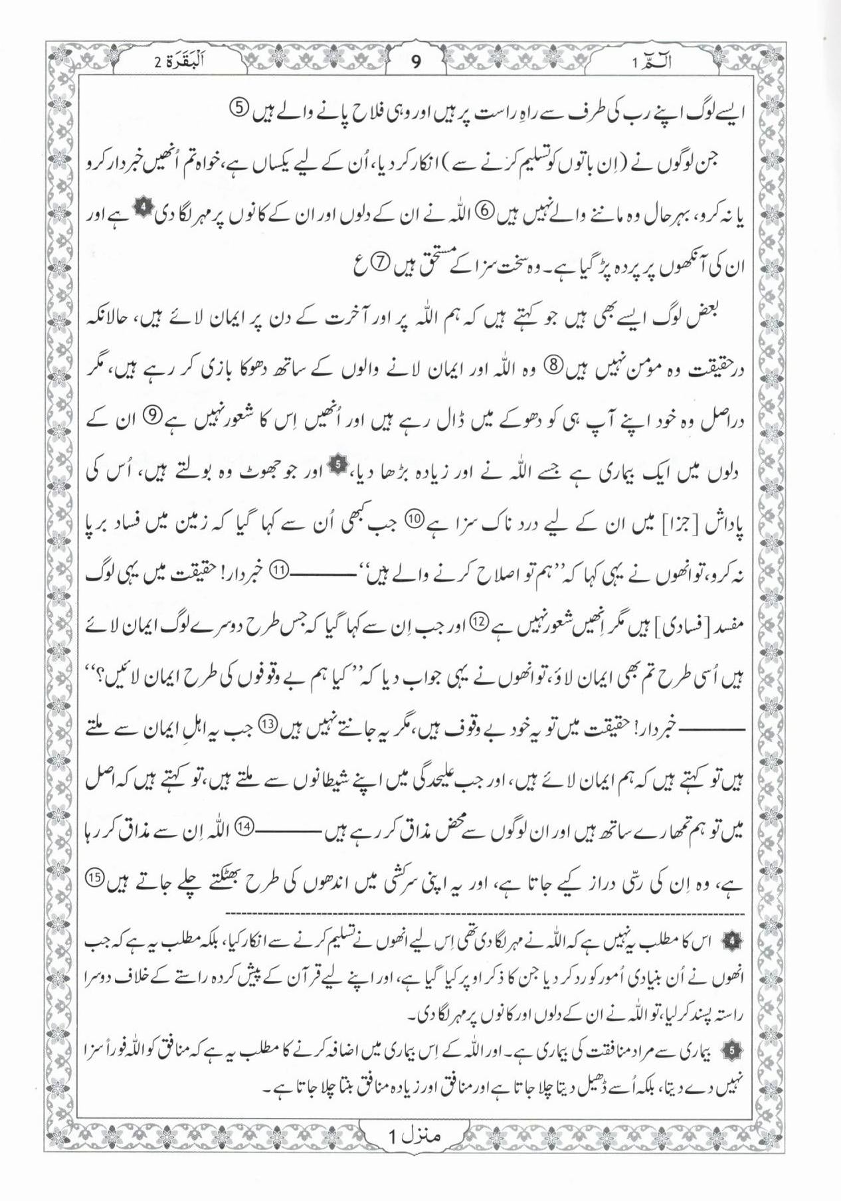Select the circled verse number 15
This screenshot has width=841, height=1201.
[95, 878]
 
